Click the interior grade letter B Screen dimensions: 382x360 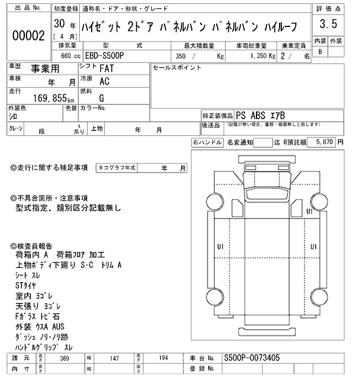tap(320, 52)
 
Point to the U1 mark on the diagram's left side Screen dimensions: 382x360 tap(220, 247)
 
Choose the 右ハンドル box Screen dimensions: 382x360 tap(207, 143)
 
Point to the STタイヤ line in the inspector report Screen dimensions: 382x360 tap(26, 285)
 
